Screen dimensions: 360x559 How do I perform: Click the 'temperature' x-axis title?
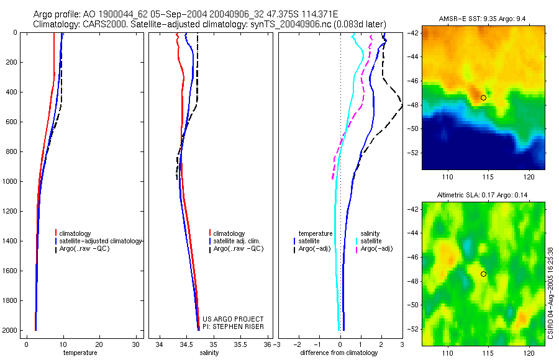click(x=80, y=353)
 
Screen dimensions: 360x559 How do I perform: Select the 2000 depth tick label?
click(x=10, y=331)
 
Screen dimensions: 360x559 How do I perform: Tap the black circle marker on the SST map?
click(x=483, y=97)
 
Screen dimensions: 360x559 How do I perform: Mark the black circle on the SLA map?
click(x=483, y=274)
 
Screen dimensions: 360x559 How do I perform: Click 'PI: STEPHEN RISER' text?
click(x=233, y=326)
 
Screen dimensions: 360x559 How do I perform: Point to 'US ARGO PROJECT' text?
click(x=233, y=319)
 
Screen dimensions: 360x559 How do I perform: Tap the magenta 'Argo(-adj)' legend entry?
click(x=376, y=249)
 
